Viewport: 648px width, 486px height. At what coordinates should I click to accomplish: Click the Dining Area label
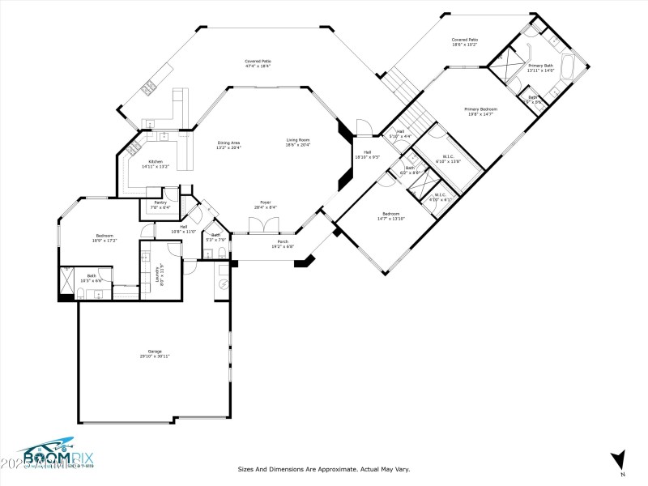[228, 144]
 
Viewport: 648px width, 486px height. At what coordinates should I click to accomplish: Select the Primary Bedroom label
[480, 110]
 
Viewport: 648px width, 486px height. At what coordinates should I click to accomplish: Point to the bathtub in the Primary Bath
[573, 66]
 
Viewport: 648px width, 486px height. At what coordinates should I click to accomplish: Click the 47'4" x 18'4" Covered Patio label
[258, 63]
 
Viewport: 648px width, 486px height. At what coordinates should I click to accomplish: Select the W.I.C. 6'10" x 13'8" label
[448, 159]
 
